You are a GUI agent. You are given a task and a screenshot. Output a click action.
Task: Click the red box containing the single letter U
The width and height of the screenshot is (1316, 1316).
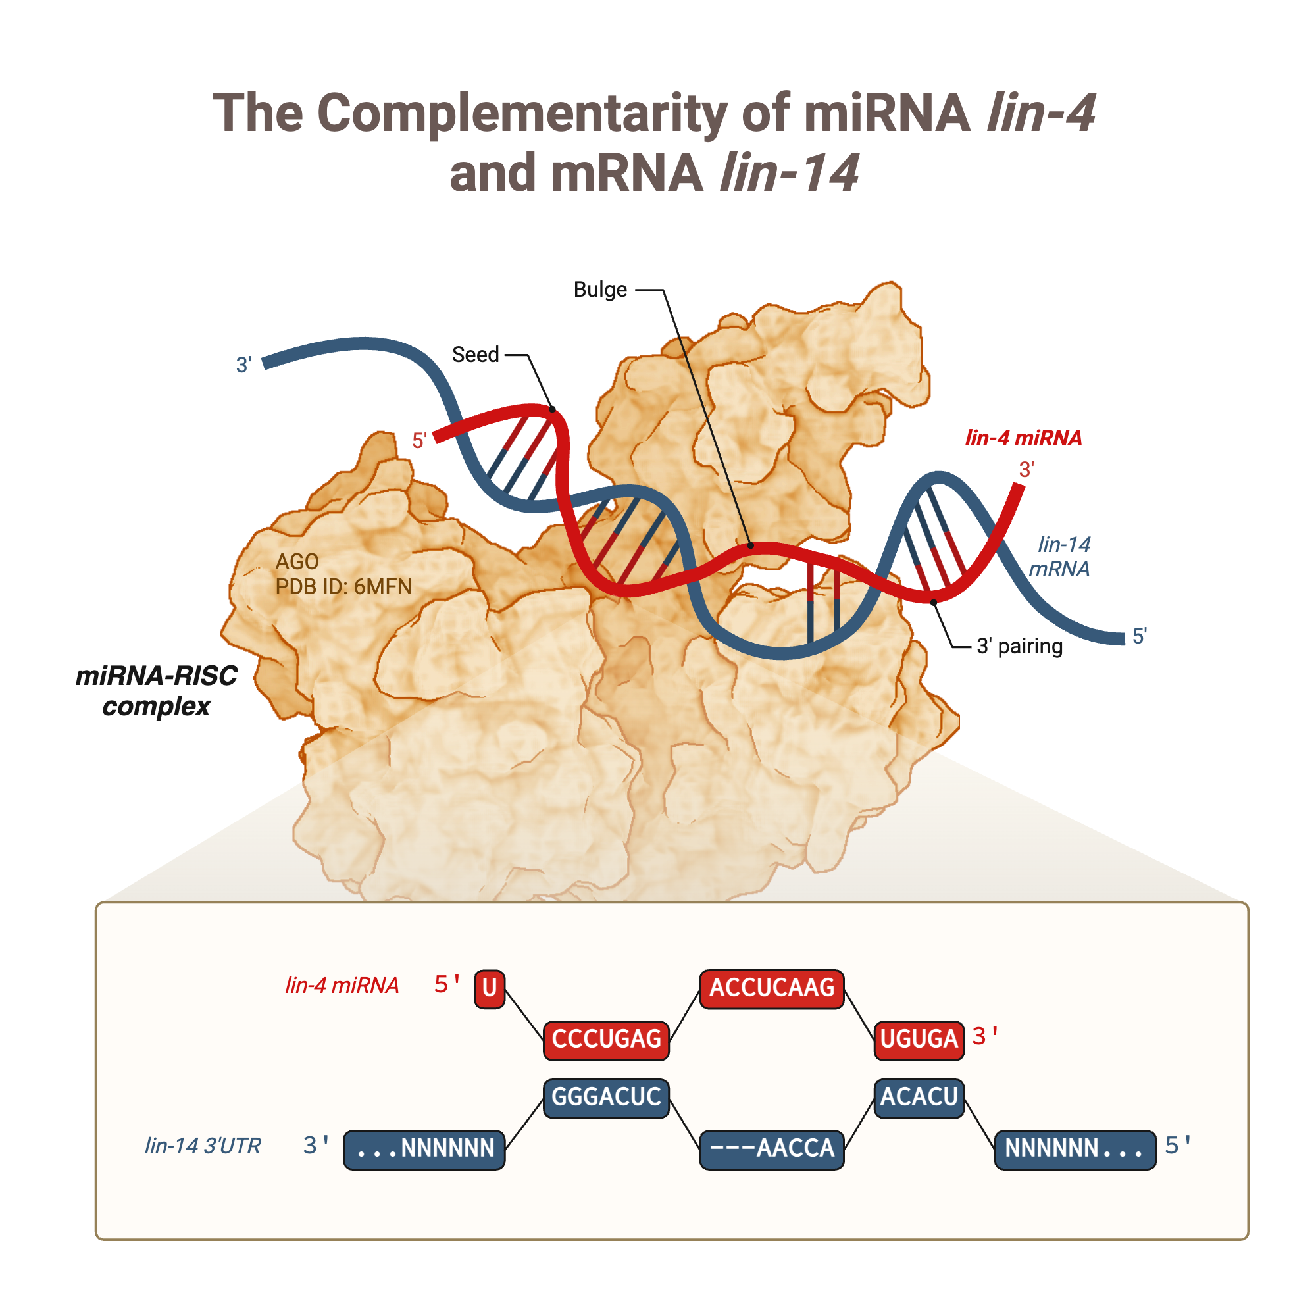(x=489, y=989)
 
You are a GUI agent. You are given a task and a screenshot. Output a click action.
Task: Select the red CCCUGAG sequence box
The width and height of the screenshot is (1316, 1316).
(x=606, y=1040)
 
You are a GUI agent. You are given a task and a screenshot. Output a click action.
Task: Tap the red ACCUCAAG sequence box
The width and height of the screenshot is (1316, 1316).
(x=772, y=989)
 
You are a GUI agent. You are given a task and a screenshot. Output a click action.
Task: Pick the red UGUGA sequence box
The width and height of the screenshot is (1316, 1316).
(x=919, y=1040)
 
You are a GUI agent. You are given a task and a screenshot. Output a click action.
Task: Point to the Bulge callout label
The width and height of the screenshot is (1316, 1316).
(x=600, y=290)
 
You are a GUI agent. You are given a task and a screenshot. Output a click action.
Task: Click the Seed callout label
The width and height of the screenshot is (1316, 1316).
(x=476, y=355)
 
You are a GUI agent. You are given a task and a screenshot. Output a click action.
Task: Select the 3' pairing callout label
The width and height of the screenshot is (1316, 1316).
(x=1019, y=646)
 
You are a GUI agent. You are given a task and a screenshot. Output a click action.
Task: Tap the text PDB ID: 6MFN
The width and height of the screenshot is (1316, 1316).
(x=344, y=587)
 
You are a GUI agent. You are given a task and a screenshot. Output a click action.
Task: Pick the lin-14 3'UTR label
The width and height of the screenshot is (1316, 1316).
(x=202, y=1146)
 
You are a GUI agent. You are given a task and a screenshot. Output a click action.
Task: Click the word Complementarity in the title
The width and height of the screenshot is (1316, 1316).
(x=522, y=113)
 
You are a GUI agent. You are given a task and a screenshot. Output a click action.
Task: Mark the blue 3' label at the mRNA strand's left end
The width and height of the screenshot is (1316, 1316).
(x=244, y=365)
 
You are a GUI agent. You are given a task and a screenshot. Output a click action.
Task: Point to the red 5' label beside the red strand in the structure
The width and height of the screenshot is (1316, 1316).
(x=420, y=441)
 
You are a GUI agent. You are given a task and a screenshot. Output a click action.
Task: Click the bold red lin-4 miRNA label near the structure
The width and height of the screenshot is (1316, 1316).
(x=1023, y=438)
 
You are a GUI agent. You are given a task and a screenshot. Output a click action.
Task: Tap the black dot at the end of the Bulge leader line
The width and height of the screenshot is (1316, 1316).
(x=751, y=545)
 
